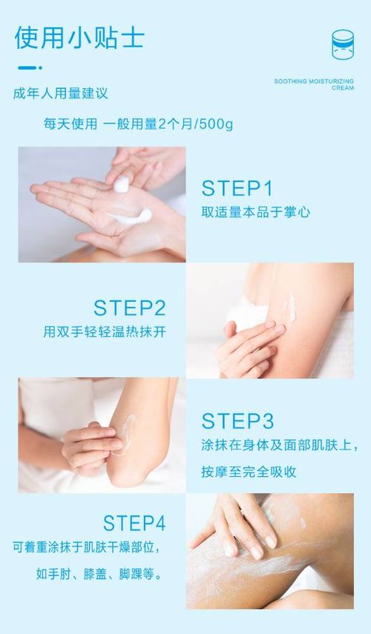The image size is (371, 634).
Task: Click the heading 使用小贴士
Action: [x=79, y=38]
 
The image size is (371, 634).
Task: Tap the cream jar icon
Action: [x=343, y=44]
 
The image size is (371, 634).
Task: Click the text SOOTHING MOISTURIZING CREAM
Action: [x=314, y=84]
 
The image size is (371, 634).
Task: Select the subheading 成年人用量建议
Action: [x=61, y=93]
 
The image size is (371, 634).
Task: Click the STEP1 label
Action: [x=237, y=188]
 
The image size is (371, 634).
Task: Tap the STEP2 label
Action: [x=129, y=308]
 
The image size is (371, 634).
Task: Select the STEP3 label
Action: [x=237, y=421]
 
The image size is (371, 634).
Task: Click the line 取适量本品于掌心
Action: [x=256, y=212]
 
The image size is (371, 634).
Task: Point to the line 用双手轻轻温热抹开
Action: [x=105, y=332]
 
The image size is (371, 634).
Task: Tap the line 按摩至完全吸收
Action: [x=249, y=472]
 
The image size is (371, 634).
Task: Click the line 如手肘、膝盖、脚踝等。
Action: [x=99, y=574]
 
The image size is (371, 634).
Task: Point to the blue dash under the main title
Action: [x=30, y=67]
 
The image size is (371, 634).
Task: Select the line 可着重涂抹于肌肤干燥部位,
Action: [x=86, y=547]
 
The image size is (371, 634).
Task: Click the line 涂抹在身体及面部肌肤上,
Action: [x=279, y=445]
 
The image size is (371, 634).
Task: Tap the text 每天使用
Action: [x=70, y=124]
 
